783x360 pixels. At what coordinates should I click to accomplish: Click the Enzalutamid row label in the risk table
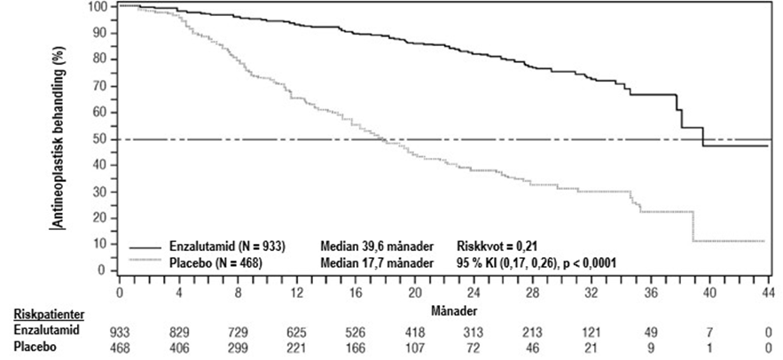40,330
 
